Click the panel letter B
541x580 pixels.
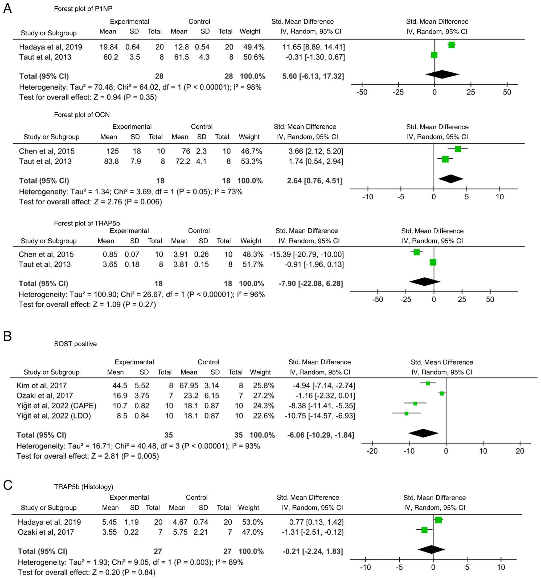tap(7, 336)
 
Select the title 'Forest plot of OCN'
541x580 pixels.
tap(82, 115)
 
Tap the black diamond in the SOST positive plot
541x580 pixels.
tap(423, 433)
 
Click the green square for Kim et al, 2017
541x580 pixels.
tap(428, 383)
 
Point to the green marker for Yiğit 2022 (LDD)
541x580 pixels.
tap(407, 413)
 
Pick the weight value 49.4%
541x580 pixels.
tap(254, 47)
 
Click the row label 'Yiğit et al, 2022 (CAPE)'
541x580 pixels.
tap(56, 406)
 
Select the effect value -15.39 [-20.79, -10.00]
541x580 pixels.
tap(306, 254)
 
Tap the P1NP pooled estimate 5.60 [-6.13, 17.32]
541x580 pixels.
tap(313, 76)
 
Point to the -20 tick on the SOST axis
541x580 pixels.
tap(372, 451)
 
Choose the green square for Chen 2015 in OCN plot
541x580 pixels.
tap(458, 149)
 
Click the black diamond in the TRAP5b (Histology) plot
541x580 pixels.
tap(431, 549)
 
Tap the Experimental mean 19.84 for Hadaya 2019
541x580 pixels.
tap(109, 47)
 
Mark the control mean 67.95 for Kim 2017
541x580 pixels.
tap(189, 385)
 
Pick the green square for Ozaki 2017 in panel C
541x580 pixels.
tap(424, 530)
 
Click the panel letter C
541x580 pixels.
tap(7, 485)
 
